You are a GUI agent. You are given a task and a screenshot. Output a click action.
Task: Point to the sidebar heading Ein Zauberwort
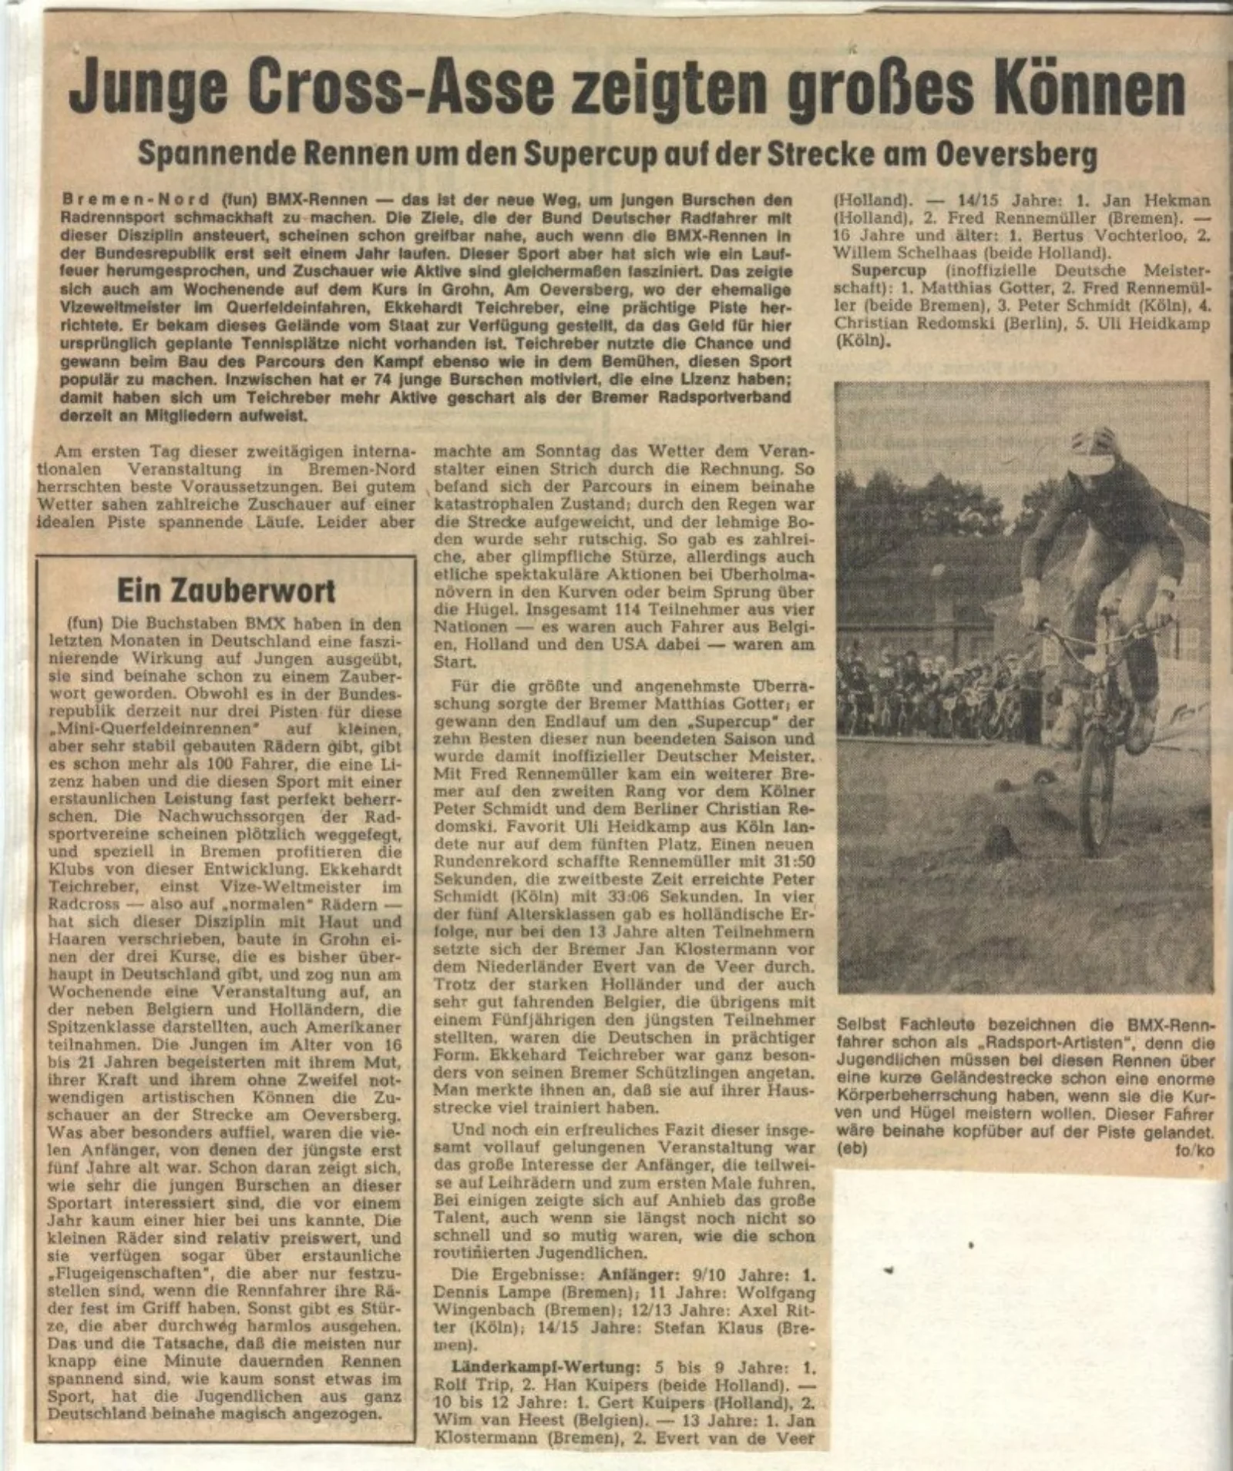point(226,591)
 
